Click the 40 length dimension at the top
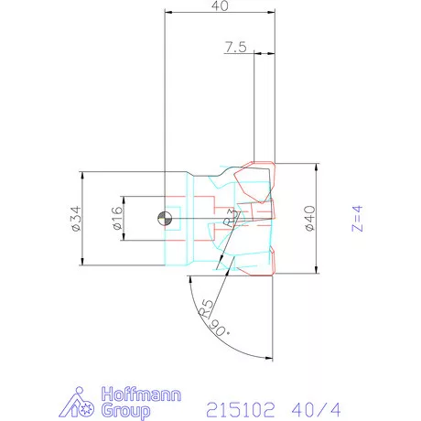pyautogui.click(x=220, y=5)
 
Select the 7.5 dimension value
pyautogui.click(x=235, y=47)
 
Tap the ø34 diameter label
pyautogui.click(x=76, y=219)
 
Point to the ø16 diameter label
pyautogui.click(x=117, y=218)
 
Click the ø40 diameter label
pyautogui.click(x=309, y=219)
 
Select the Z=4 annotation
pyautogui.click(x=357, y=219)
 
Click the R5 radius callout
pyautogui.click(x=206, y=308)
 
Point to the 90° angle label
pyautogui.click(x=220, y=329)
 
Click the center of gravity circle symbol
pyautogui.click(x=165, y=219)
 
